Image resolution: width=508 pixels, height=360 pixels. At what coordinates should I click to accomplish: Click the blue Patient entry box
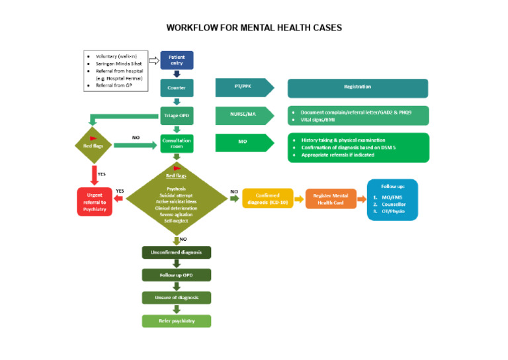[x=177, y=60]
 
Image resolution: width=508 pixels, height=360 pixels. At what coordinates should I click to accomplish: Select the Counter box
[x=177, y=87]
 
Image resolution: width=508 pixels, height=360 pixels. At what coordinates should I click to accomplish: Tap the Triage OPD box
[x=177, y=116]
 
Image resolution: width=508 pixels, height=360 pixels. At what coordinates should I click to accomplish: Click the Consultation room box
[x=177, y=144]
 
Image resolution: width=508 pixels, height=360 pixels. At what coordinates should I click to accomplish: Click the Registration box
[x=357, y=87]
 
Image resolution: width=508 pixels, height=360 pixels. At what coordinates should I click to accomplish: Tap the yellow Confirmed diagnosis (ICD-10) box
[x=268, y=199]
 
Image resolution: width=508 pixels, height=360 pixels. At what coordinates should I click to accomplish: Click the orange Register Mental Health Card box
[x=331, y=199]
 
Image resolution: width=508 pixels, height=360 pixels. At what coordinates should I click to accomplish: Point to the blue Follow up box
[x=392, y=199]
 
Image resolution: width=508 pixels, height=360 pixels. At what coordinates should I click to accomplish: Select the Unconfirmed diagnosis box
[x=177, y=252]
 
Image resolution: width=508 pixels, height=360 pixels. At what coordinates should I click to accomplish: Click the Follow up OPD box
[x=177, y=275]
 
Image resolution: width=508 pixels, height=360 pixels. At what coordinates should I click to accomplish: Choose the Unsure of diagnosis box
[x=177, y=298]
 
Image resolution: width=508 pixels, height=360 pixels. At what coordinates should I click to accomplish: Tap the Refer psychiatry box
[x=177, y=321]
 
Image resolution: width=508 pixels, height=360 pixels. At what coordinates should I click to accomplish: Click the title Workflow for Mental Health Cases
[x=254, y=28]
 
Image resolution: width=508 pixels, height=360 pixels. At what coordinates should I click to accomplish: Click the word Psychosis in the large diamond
[x=176, y=189]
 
